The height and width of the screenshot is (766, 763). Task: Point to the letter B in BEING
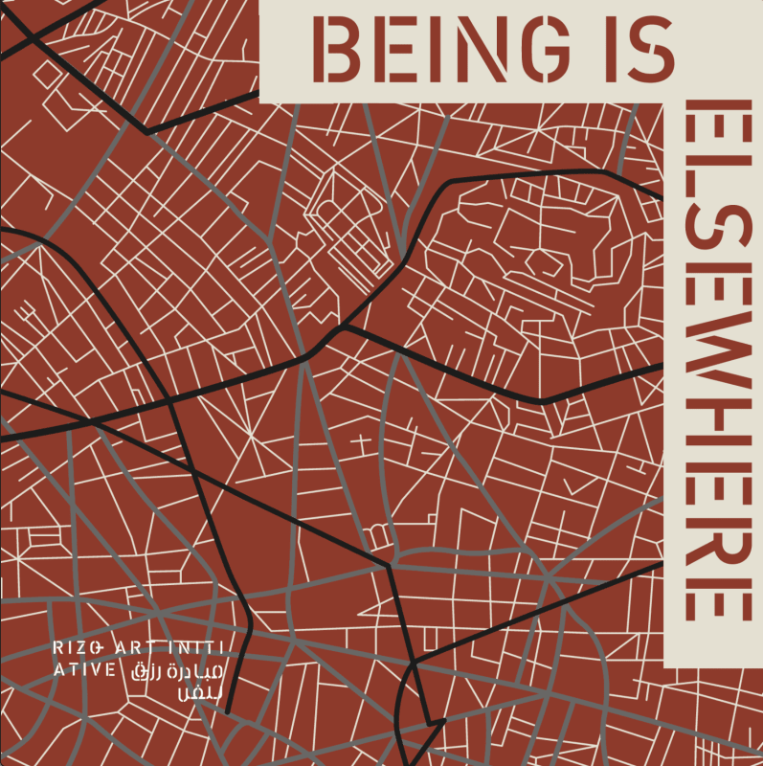coord(344,51)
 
